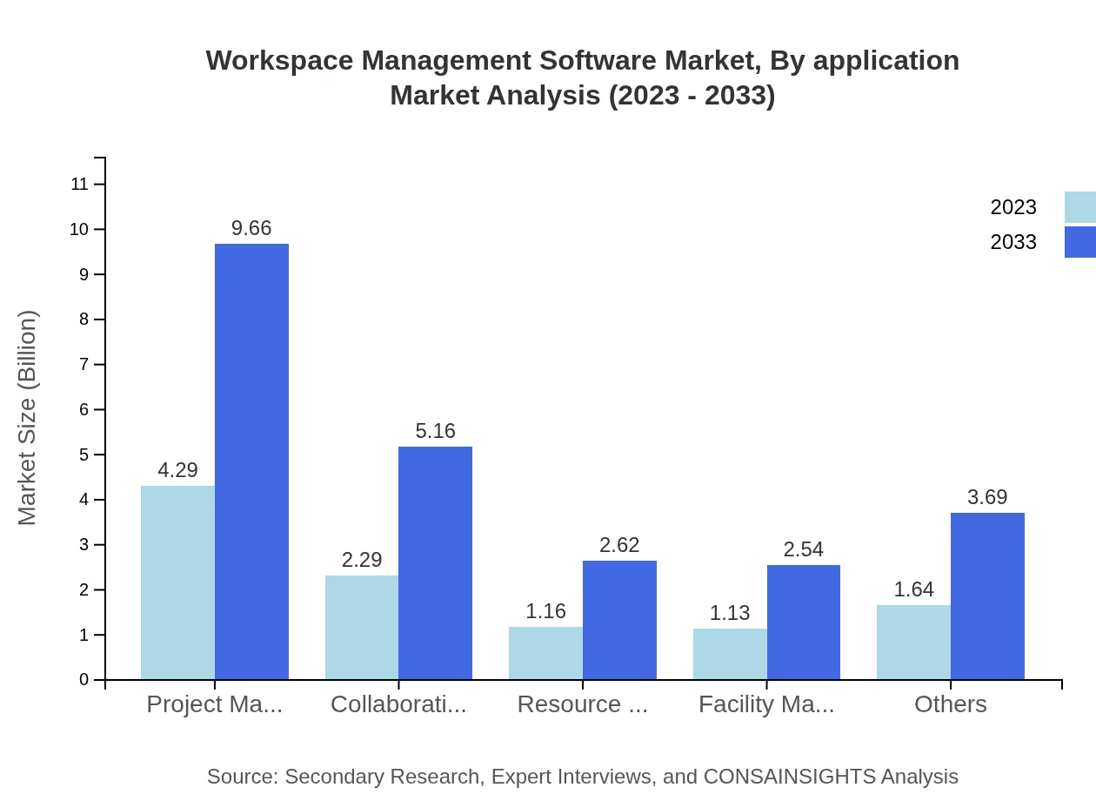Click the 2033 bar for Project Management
coord(251,461)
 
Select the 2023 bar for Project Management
coord(177,582)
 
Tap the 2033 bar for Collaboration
coord(435,562)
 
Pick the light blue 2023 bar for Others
coord(913,642)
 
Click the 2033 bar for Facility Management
coord(804,622)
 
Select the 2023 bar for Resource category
coord(545,653)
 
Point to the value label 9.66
coord(251,228)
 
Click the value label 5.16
coord(435,431)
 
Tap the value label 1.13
coord(730,613)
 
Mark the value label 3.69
coord(987,497)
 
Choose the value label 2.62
coord(619,545)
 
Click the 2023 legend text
coord(1013,207)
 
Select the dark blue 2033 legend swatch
coord(1079,242)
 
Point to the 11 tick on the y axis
coord(80,184)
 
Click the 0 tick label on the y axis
coord(84,679)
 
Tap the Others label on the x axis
coord(950,704)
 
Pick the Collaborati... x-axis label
coord(398,704)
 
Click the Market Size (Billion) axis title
coord(28,418)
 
